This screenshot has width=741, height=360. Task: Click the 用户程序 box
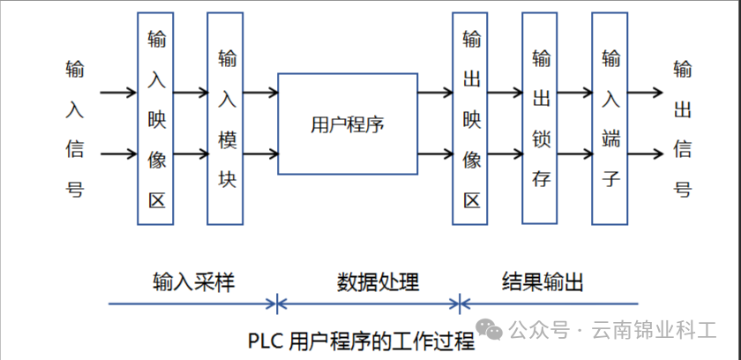coord(348,124)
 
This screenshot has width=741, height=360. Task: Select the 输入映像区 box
coord(156,118)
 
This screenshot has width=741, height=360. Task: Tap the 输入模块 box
coord(225,118)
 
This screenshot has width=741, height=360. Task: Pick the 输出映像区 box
coord(470,118)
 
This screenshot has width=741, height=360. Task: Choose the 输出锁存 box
coord(540,118)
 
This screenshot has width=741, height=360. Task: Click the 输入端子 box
coord(610,118)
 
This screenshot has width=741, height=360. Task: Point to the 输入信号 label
coord(75,129)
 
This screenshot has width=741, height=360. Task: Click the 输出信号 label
coord(682,129)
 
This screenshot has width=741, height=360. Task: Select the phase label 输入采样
coord(193,281)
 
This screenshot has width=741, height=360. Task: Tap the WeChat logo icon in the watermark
coord(491,330)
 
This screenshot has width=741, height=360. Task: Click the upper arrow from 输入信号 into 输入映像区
coord(119,91)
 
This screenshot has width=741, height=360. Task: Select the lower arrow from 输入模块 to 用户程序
coord(260,155)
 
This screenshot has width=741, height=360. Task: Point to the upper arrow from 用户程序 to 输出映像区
coord(435,91)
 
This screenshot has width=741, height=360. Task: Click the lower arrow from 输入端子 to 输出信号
coord(644,155)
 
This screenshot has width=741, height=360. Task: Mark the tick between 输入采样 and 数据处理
coord(277,304)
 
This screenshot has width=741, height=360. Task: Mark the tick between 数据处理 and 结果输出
coord(460,304)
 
